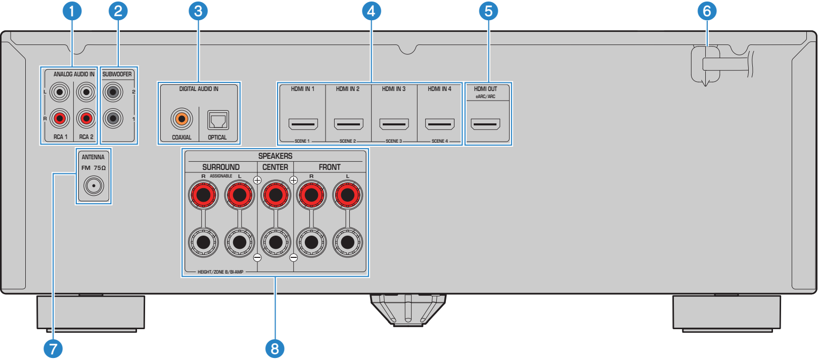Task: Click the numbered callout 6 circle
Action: [707, 11]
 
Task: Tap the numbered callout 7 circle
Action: [53, 349]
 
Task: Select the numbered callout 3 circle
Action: [198, 11]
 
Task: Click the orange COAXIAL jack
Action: [181, 119]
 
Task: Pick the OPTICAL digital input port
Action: [218, 120]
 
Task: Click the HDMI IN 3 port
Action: [394, 124]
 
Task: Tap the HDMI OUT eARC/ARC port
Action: [485, 124]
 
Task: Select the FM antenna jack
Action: [94, 186]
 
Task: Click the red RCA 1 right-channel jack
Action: [60, 118]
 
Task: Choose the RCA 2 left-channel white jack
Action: [86, 92]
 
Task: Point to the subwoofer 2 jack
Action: [113, 92]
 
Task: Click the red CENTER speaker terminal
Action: [276, 195]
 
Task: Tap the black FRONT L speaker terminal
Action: [348, 242]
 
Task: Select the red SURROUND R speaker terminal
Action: [203, 195]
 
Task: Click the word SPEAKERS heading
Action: [276, 156]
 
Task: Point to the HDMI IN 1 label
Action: [303, 89]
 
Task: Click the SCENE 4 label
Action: [439, 141]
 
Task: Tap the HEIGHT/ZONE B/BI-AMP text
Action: [220, 272]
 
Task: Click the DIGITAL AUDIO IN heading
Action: [199, 89]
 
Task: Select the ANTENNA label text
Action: [93, 157]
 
